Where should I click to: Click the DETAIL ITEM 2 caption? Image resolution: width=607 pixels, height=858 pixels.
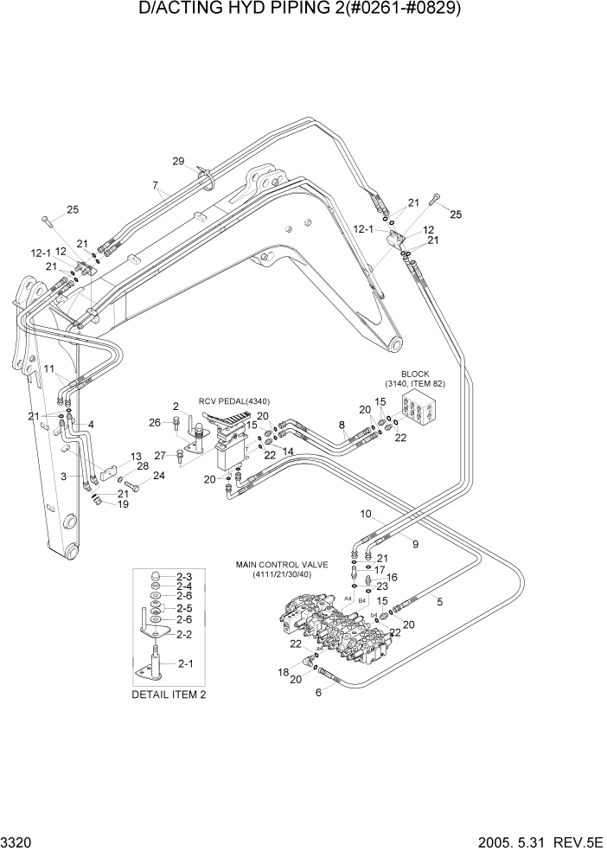point(169,694)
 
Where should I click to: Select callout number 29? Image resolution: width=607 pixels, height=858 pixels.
point(178,162)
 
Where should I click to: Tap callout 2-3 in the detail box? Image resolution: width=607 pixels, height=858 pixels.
point(183,576)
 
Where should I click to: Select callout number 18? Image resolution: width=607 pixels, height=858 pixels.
point(283,671)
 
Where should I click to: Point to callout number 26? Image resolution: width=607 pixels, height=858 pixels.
point(155,422)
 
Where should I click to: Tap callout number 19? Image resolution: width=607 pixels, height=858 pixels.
point(123,503)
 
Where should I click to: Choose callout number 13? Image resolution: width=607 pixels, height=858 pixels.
point(136,457)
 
